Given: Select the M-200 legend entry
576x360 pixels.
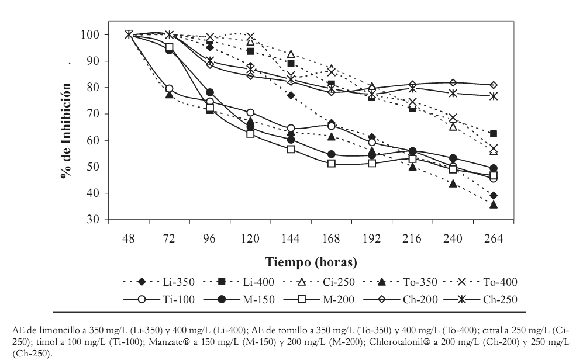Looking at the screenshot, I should (x=320, y=300).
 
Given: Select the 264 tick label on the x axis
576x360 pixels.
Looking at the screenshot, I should (x=493, y=238).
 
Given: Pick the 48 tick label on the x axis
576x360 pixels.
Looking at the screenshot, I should (x=129, y=238).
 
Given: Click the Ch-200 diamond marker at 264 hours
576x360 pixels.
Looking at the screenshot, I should (x=494, y=85).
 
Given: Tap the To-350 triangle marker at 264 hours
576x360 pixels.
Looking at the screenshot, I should (x=494, y=205).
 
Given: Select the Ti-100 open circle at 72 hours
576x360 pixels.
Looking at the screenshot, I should (x=169, y=89).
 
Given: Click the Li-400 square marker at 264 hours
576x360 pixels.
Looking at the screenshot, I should (x=494, y=134).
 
